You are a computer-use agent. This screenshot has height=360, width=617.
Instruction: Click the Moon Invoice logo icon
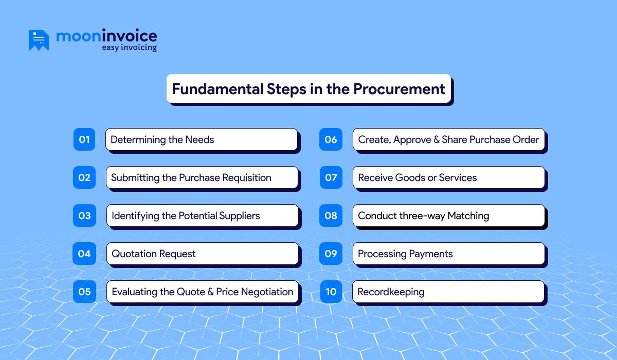pyautogui.click(x=39, y=40)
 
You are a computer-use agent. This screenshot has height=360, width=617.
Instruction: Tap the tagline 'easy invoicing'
pyautogui.click(x=129, y=48)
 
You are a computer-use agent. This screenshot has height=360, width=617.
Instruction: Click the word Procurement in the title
pyautogui.click(x=399, y=89)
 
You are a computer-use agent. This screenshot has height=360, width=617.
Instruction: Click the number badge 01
pyautogui.click(x=84, y=139)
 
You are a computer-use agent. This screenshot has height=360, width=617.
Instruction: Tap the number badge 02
pyautogui.click(x=84, y=177)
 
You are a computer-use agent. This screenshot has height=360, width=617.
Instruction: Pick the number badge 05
pyautogui.click(x=84, y=292)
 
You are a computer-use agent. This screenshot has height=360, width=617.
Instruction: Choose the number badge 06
pyautogui.click(x=331, y=139)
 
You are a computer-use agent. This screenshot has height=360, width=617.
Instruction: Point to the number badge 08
pyautogui.click(x=331, y=215)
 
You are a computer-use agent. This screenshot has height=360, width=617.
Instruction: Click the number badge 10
pyautogui.click(x=331, y=292)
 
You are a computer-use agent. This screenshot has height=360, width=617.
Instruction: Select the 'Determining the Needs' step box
pyautogui.click(x=202, y=139)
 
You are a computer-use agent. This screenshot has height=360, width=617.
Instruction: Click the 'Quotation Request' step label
pyautogui.click(x=154, y=254)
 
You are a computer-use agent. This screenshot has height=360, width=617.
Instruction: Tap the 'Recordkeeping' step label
pyautogui.click(x=391, y=292)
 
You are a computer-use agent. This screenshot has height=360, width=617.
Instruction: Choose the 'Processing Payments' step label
pyautogui.click(x=405, y=254)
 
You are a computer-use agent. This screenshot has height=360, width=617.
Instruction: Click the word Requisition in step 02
pyautogui.click(x=247, y=177)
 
